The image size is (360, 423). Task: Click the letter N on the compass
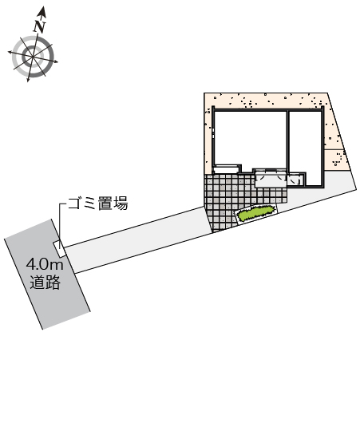(40, 26)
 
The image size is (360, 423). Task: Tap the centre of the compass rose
(33, 57)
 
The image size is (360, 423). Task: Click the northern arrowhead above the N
(42, 11)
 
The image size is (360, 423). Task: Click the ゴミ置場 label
(97, 204)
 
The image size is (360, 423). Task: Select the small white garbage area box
(59, 248)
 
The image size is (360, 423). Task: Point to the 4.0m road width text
(45, 265)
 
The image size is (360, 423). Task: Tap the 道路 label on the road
(45, 283)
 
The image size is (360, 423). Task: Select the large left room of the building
(250, 139)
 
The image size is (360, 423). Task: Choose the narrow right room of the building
(306, 148)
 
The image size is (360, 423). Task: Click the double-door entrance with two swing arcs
(271, 179)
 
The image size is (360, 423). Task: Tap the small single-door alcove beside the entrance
(295, 180)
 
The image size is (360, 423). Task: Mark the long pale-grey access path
(137, 240)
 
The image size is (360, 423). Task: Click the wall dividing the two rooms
(288, 140)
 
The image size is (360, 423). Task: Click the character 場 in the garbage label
(121, 204)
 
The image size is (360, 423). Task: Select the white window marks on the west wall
(213, 133)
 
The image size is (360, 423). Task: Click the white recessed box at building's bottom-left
(226, 169)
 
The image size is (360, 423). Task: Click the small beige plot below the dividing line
(336, 160)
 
